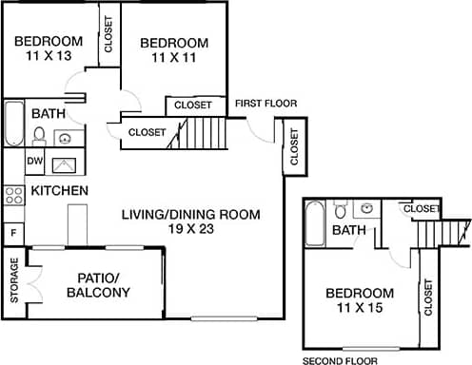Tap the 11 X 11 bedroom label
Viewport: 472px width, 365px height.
tap(174, 59)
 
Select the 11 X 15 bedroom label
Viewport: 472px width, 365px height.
tap(359, 309)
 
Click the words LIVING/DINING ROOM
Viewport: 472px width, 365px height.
tap(190, 214)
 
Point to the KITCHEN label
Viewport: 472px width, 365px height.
tap(60, 191)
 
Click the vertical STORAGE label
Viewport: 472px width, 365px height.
tap(14, 279)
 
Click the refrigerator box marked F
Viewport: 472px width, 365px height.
tap(13, 231)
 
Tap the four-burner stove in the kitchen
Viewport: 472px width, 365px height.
tap(13, 196)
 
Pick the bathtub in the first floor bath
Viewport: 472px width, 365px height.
tap(13, 124)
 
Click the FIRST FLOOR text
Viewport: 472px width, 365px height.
tap(265, 104)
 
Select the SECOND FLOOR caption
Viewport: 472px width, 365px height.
tap(340, 361)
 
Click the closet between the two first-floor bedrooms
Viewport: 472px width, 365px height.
tap(109, 34)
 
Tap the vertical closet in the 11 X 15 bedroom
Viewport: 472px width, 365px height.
tap(427, 297)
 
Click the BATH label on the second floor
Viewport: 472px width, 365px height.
tap(348, 230)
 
